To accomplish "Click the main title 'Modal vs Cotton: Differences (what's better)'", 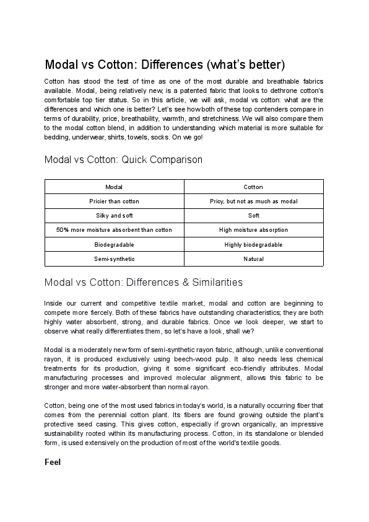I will (165, 65).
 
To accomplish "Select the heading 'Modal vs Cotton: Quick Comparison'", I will (123, 159).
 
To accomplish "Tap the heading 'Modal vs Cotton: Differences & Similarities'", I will (144, 282).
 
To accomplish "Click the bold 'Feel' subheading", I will (53, 462).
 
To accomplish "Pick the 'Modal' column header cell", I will (114, 187).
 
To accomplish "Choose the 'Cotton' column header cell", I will (253, 187).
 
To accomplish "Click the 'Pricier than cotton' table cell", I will (114, 201).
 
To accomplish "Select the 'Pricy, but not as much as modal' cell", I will (253, 201).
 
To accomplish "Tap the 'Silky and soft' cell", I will (114, 216).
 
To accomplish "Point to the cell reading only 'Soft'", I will (253, 216).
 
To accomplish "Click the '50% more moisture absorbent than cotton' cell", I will (114, 230).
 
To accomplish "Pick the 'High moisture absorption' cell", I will (253, 230).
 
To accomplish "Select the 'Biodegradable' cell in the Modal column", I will (114, 245).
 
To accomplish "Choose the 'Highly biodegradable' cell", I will (253, 245).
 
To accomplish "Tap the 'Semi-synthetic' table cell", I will (114, 259).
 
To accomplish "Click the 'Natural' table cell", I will (253, 259).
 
